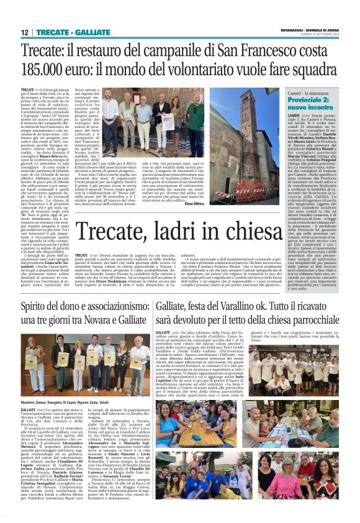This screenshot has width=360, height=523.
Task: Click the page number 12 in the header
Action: tap(25, 32)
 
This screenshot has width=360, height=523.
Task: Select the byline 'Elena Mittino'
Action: tap(228, 204)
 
